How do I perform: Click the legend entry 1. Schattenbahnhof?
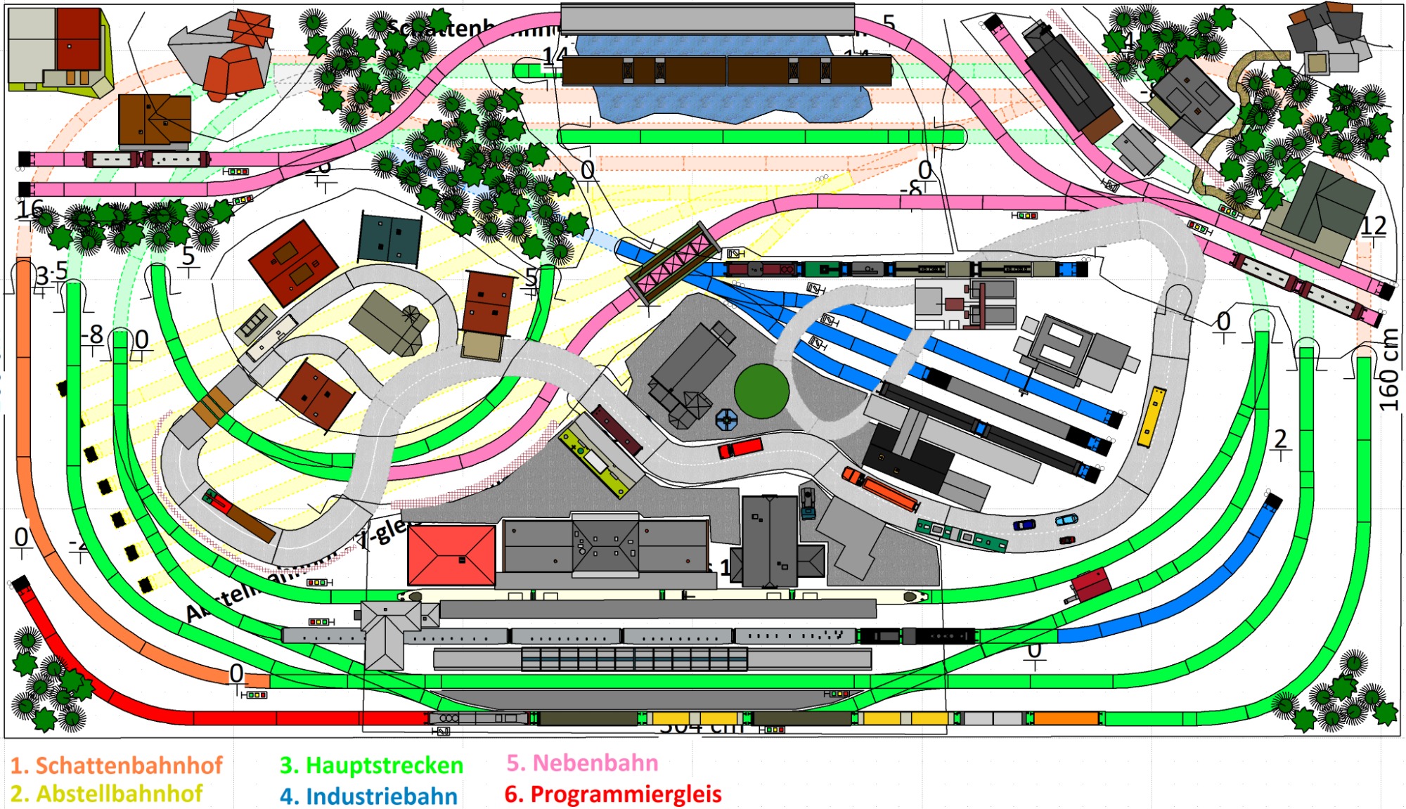[116, 765]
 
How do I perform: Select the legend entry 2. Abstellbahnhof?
[106, 794]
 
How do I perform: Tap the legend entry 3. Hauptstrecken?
[371, 765]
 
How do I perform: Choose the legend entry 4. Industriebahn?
[368, 796]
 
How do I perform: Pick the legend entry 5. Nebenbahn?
[582, 763]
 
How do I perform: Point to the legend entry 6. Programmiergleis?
[613, 794]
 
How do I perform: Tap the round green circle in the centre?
[761, 391]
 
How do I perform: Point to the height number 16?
[30, 209]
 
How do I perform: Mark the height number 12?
[1373, 226]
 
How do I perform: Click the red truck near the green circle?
[740, 448]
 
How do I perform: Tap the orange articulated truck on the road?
[881, 488]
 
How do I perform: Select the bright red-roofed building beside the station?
[451, 555]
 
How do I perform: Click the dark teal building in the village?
[389, 239]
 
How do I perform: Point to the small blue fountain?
[726, 420]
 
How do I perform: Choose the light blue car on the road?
[1066, 519]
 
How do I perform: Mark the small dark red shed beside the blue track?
[1090, 585]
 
